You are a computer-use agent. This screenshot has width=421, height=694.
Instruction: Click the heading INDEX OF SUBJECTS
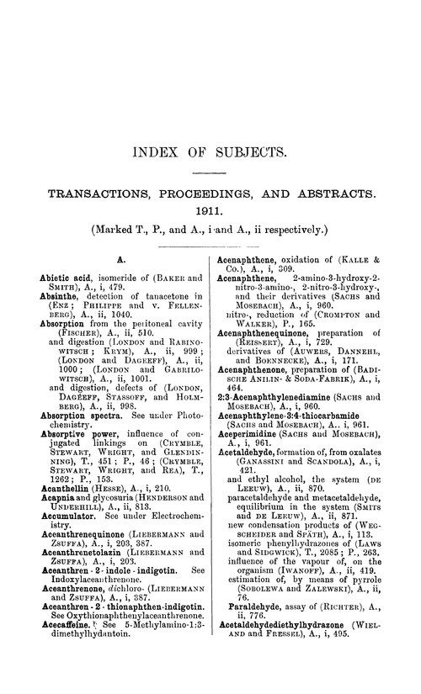(210, 154)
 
